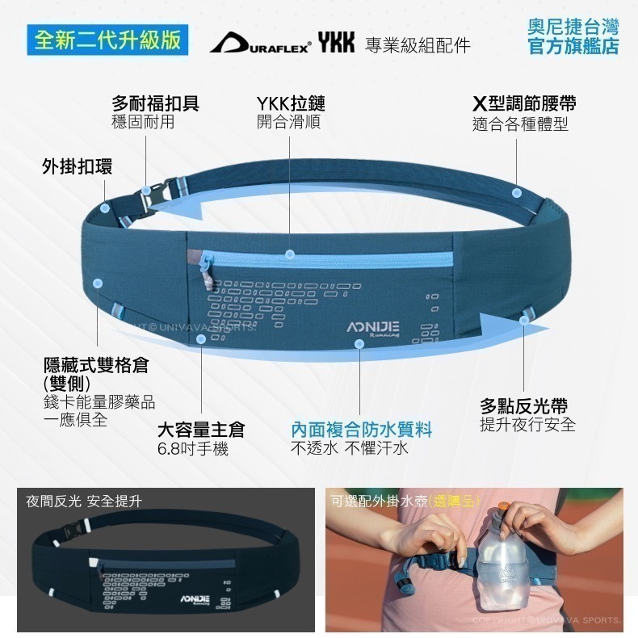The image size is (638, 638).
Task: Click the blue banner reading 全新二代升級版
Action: coord(107,40)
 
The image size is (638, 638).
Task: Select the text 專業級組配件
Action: coord(418,44)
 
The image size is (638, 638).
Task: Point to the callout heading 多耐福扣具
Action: coord(155,103)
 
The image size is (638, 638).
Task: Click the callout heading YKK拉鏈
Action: coord(291,103)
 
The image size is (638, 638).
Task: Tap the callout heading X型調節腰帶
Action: coord(524,103)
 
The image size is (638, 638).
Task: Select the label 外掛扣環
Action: coord(78,166)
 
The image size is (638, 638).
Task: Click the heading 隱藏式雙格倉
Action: coord(96,365)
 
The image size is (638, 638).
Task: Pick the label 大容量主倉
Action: coord(201,430)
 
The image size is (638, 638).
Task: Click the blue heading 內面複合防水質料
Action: coord(361,430)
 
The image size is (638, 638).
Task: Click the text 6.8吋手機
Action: coord(193,449)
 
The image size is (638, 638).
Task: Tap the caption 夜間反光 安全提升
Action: coord(84,502)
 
